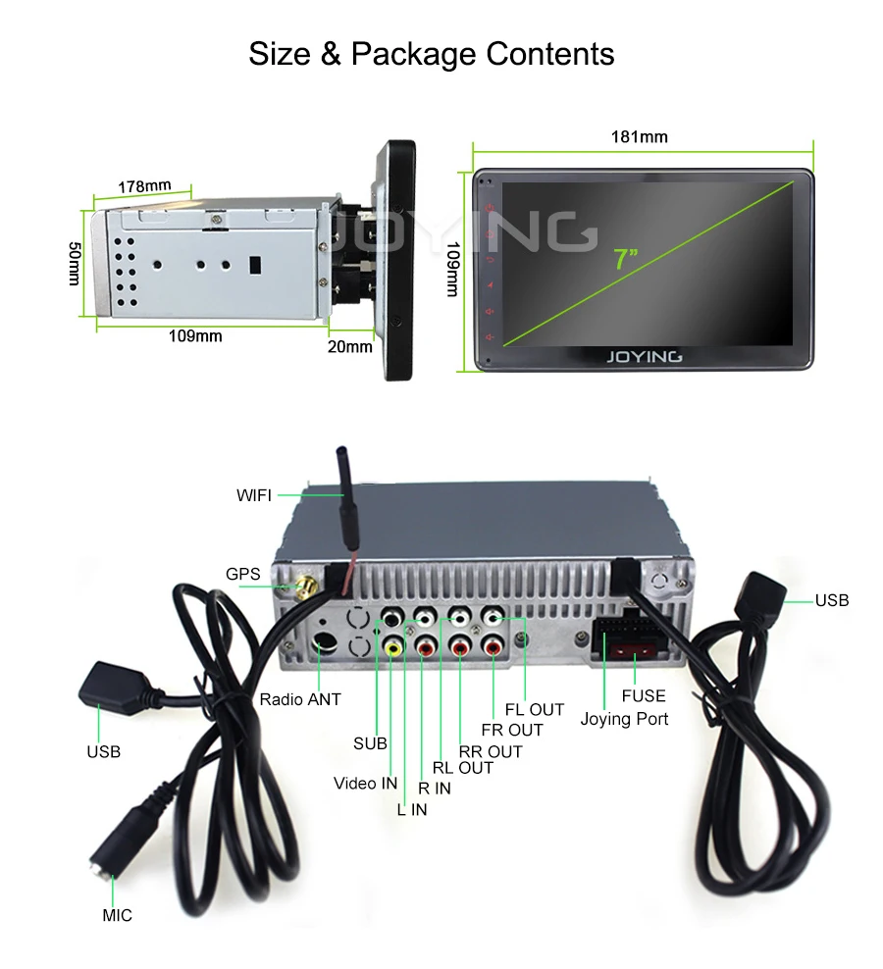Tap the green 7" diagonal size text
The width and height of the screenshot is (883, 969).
(x=625, y=259)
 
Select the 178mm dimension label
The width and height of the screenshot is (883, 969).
(x=144, y=186)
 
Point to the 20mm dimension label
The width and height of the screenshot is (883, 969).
(x=350, y=345)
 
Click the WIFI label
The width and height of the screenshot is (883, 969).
(x=254, y=495)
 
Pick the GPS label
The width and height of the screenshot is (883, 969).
(x=243, y=574)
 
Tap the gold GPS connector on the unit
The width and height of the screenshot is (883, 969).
(x=305, y=588)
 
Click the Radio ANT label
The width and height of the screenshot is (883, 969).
(x=299, y=699)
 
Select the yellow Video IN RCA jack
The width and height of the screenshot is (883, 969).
(x=392, y=647)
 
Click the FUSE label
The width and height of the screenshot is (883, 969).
(x=644, y=695)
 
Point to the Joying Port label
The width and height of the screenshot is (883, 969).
(x=624, y=719)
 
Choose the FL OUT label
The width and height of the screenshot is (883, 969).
(x=535, y=709)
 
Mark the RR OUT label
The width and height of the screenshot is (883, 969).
(x=491, y=751)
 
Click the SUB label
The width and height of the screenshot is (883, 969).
(x=370, y=743)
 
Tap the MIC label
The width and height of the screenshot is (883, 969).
(x=117, y=915)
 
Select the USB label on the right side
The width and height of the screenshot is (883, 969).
(x=832, y=600)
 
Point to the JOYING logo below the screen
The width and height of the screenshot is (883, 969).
(x=643, y=356)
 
